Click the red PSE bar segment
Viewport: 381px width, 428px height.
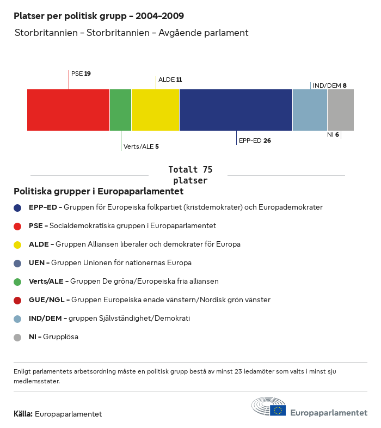(x=68, y=110)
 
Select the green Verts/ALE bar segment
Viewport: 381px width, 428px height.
(x=120, y=110)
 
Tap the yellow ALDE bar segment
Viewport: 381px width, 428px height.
(x=155, y=110)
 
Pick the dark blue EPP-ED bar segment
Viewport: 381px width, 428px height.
(x=236, y=110)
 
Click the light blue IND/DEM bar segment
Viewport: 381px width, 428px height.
(x=310, y=110)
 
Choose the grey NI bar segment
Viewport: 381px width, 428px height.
(x=341, y=110)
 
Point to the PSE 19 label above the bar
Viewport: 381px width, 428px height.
(x=81, y=74)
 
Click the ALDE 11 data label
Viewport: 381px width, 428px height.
(x=170, y=80)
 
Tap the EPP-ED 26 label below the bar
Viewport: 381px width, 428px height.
(x=255, y=140)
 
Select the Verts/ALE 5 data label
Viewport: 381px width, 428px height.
(x=141, y=146)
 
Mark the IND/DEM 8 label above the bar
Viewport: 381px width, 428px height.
(x=329, y=85)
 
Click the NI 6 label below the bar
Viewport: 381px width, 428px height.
(x=333, y=134)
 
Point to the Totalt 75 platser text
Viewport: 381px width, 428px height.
(x=190, y=175)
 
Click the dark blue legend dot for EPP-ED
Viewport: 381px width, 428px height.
(x=17, y=207)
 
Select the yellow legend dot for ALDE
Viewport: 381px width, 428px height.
(x=17, y=244)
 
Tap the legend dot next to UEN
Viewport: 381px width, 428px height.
(x=17, y=263)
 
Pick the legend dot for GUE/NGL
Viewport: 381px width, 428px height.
(x=17, y=300)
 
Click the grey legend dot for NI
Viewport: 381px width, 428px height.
(x=17, y=337)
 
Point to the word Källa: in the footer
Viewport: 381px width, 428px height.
(x=23, y=414)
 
